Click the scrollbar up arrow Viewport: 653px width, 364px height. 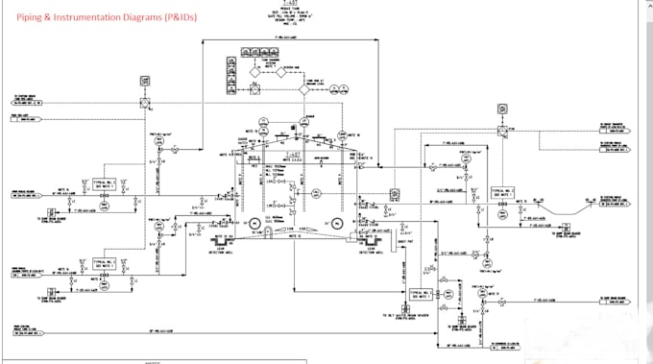[x=647, y=5]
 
